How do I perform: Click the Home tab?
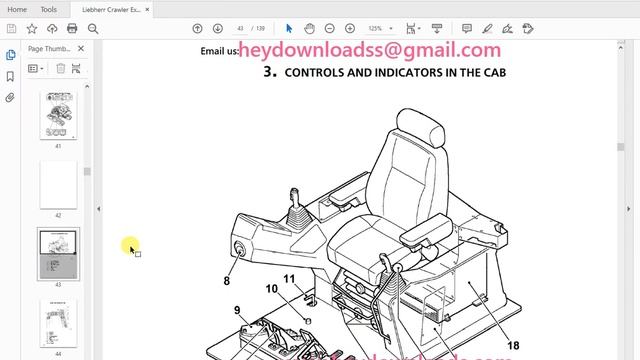(x=17, y=9)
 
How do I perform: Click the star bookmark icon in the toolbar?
(x=32, y=29)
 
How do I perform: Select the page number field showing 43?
(x=241, y=29)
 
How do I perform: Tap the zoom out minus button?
(x=335, y=29)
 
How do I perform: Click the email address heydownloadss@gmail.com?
(x=370, y=50)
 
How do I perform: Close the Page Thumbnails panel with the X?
(x=81, y=48)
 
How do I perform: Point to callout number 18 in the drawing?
(x=513, y=345)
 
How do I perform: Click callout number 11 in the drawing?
(x=288, y=279)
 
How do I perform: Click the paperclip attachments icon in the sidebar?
(x=10, y=98)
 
